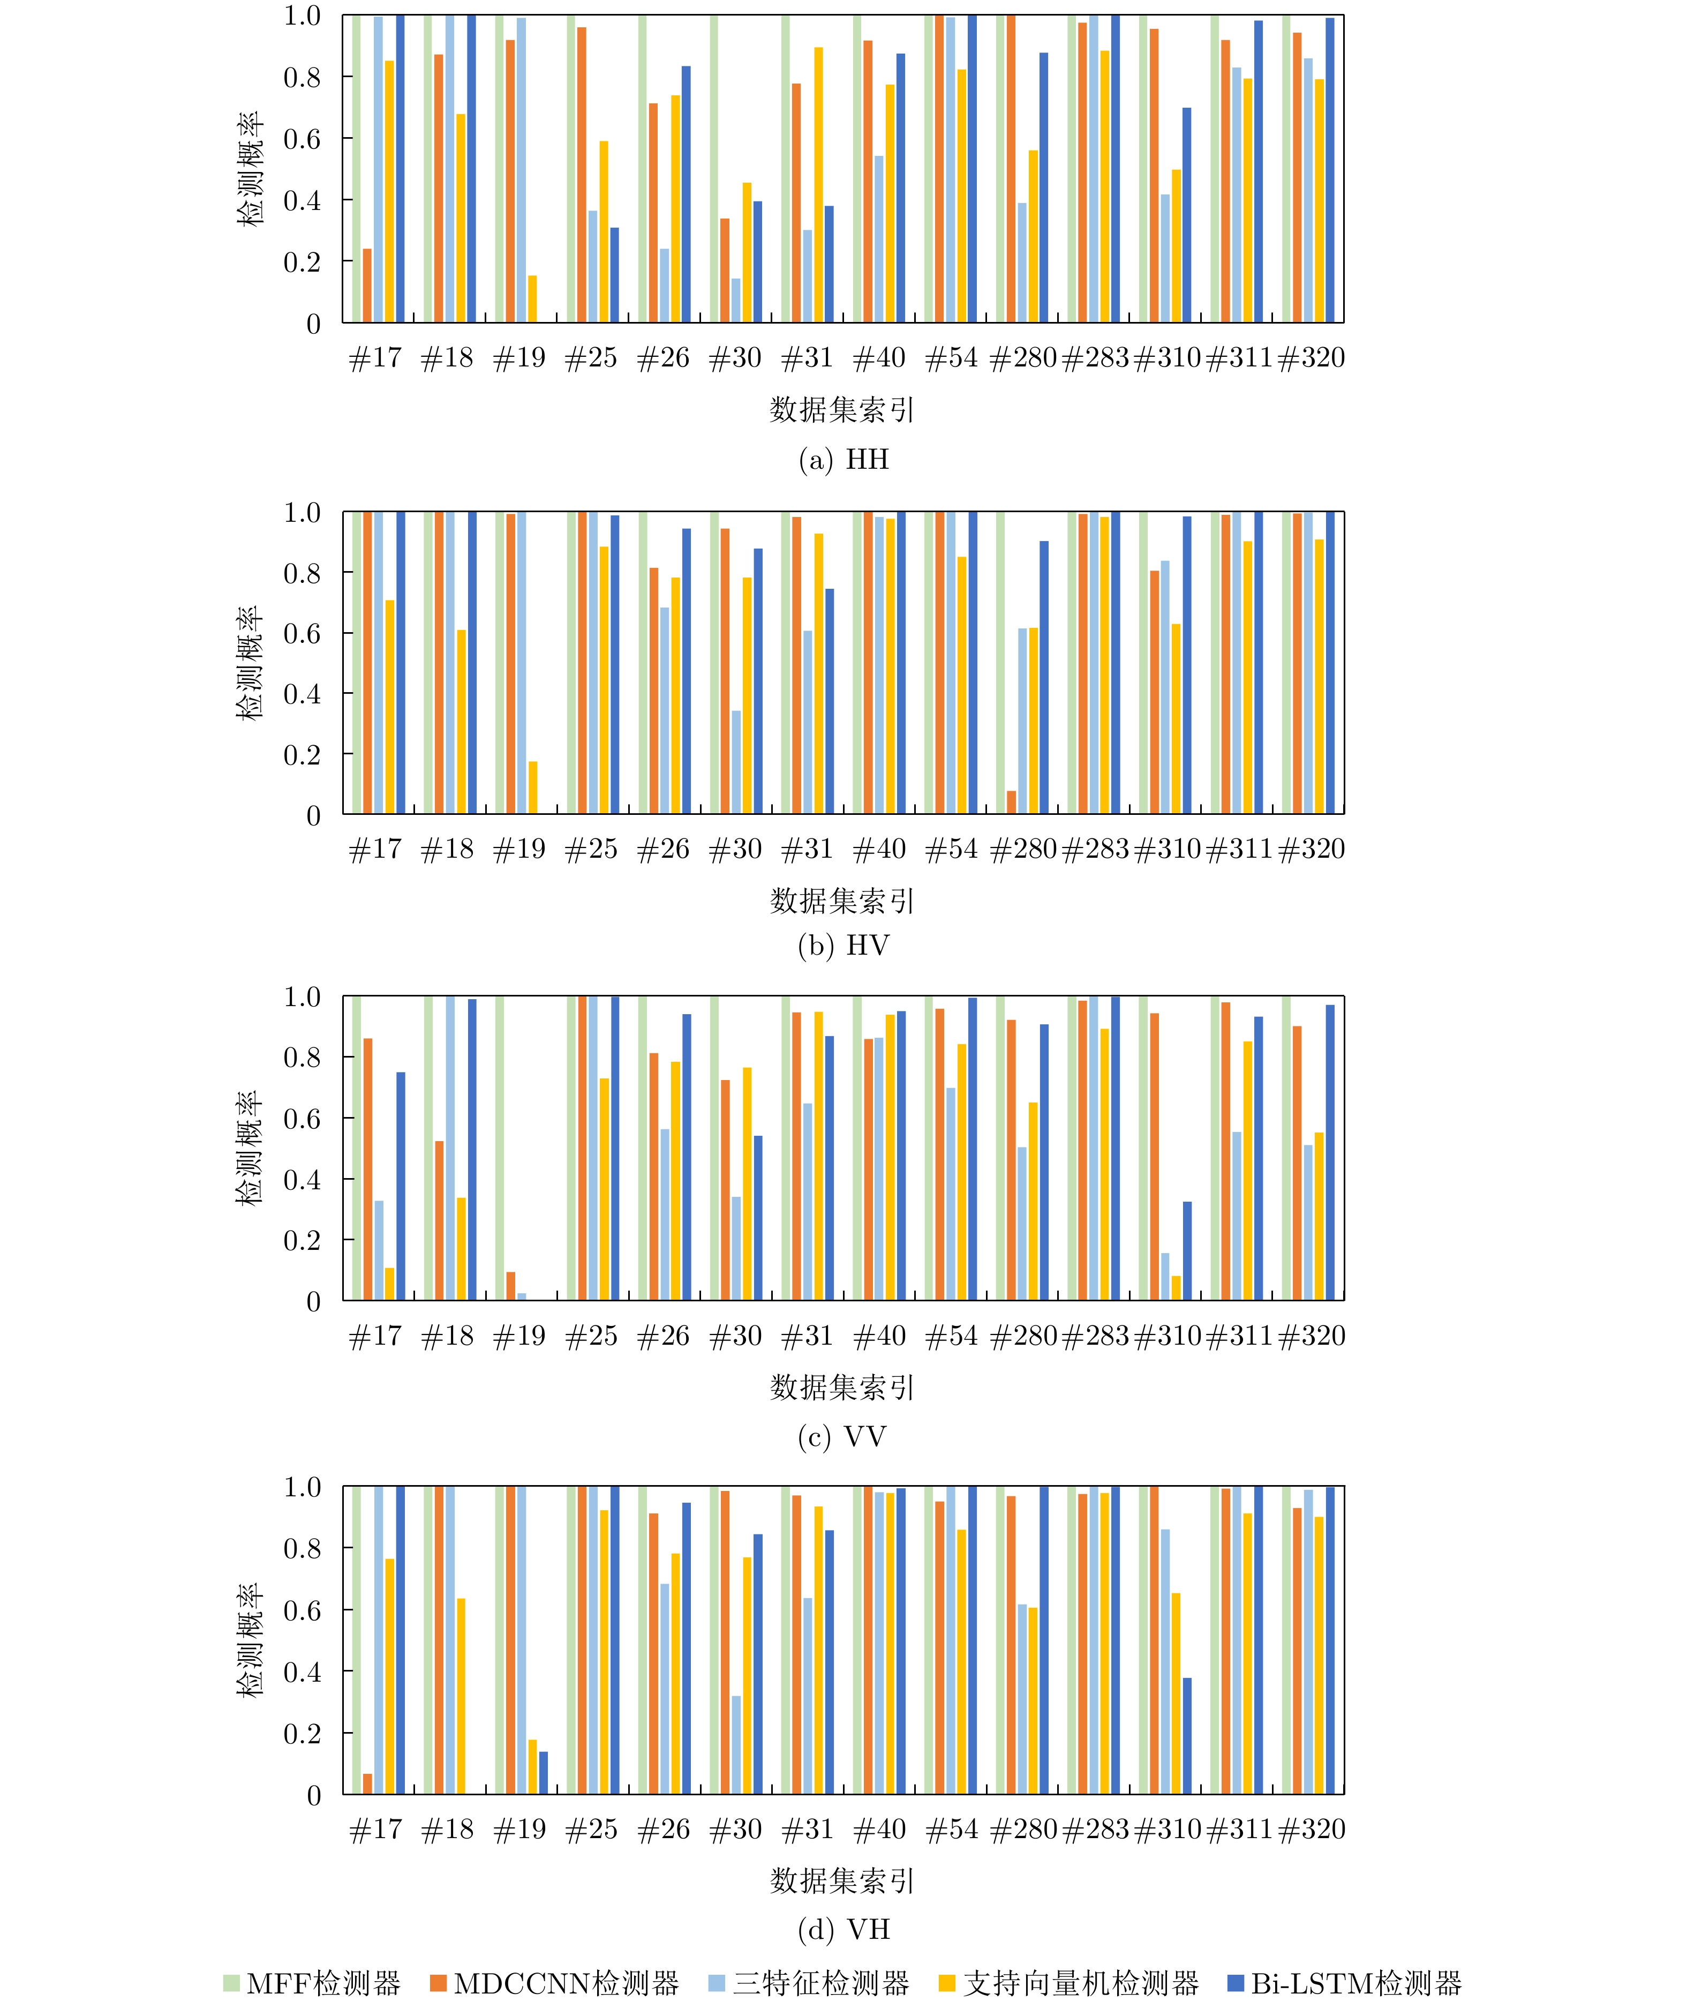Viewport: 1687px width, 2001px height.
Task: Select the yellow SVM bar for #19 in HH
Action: (x=533, y=298)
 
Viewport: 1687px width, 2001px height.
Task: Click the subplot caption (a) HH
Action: (x=843, y=460)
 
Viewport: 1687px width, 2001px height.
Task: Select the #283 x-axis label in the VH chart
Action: (x=1095, y=1829)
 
